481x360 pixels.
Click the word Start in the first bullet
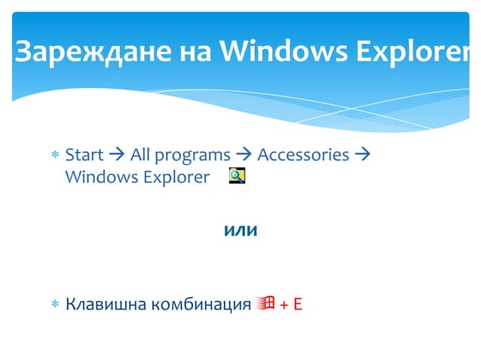point(84,155)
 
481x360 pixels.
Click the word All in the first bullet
point(140,155)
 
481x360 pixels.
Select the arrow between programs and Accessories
point(244,155)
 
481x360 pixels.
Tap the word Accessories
point(303,155)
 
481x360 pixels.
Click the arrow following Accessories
point(361,155)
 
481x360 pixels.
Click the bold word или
point(241,231)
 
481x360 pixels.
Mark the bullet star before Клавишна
point(54,305)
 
